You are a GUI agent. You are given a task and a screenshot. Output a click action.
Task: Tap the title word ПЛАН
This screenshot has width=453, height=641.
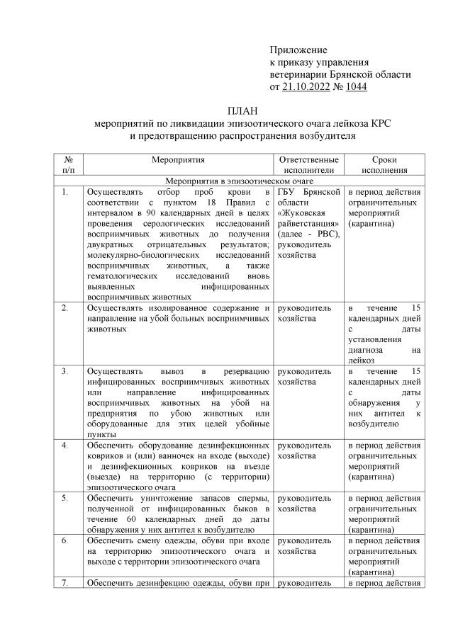pyautogui.click(x=239, y=110)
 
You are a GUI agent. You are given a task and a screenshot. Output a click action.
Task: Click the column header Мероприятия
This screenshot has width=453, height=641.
pyautogui.click(x=177, y=160)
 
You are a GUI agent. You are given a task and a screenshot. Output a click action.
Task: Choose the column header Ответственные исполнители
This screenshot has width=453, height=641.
pyautogui.click(x=309, y=165)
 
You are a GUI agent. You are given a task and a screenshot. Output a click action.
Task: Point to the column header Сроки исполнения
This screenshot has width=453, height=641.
pyautogui.click(x=384, y=165)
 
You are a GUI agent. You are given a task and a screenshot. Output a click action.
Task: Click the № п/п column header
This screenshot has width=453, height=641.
pyautogui.click(x=69, y=165)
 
